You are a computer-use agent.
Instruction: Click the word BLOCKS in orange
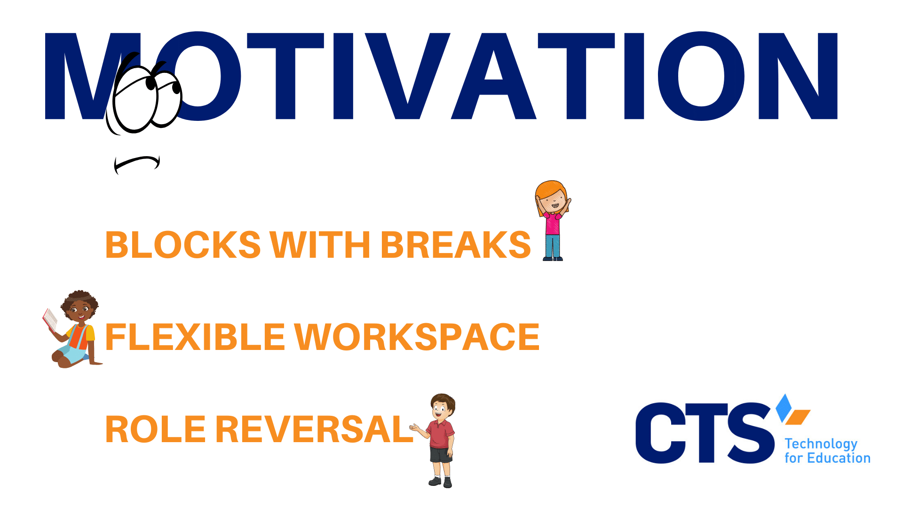[183, 245]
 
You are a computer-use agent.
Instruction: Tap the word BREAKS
[456, 245]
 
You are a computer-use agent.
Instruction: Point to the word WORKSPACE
[417, 337]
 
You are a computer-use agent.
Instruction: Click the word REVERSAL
[315, 429]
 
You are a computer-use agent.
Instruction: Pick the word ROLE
[156, 429]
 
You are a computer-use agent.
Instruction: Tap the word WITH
[320, 245]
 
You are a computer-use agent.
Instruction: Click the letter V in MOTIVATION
[408, 76]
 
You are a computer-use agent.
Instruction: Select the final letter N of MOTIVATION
[798, 76]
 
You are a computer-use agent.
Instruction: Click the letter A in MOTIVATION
[494, 76]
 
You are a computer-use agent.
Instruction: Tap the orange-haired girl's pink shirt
[553, 223]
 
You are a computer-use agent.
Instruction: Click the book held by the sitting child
[50, 319]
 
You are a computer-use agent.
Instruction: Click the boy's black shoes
[440, 482]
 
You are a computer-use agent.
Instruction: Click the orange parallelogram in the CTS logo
[798, 417]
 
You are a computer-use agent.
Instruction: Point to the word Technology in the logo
[821, 444]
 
